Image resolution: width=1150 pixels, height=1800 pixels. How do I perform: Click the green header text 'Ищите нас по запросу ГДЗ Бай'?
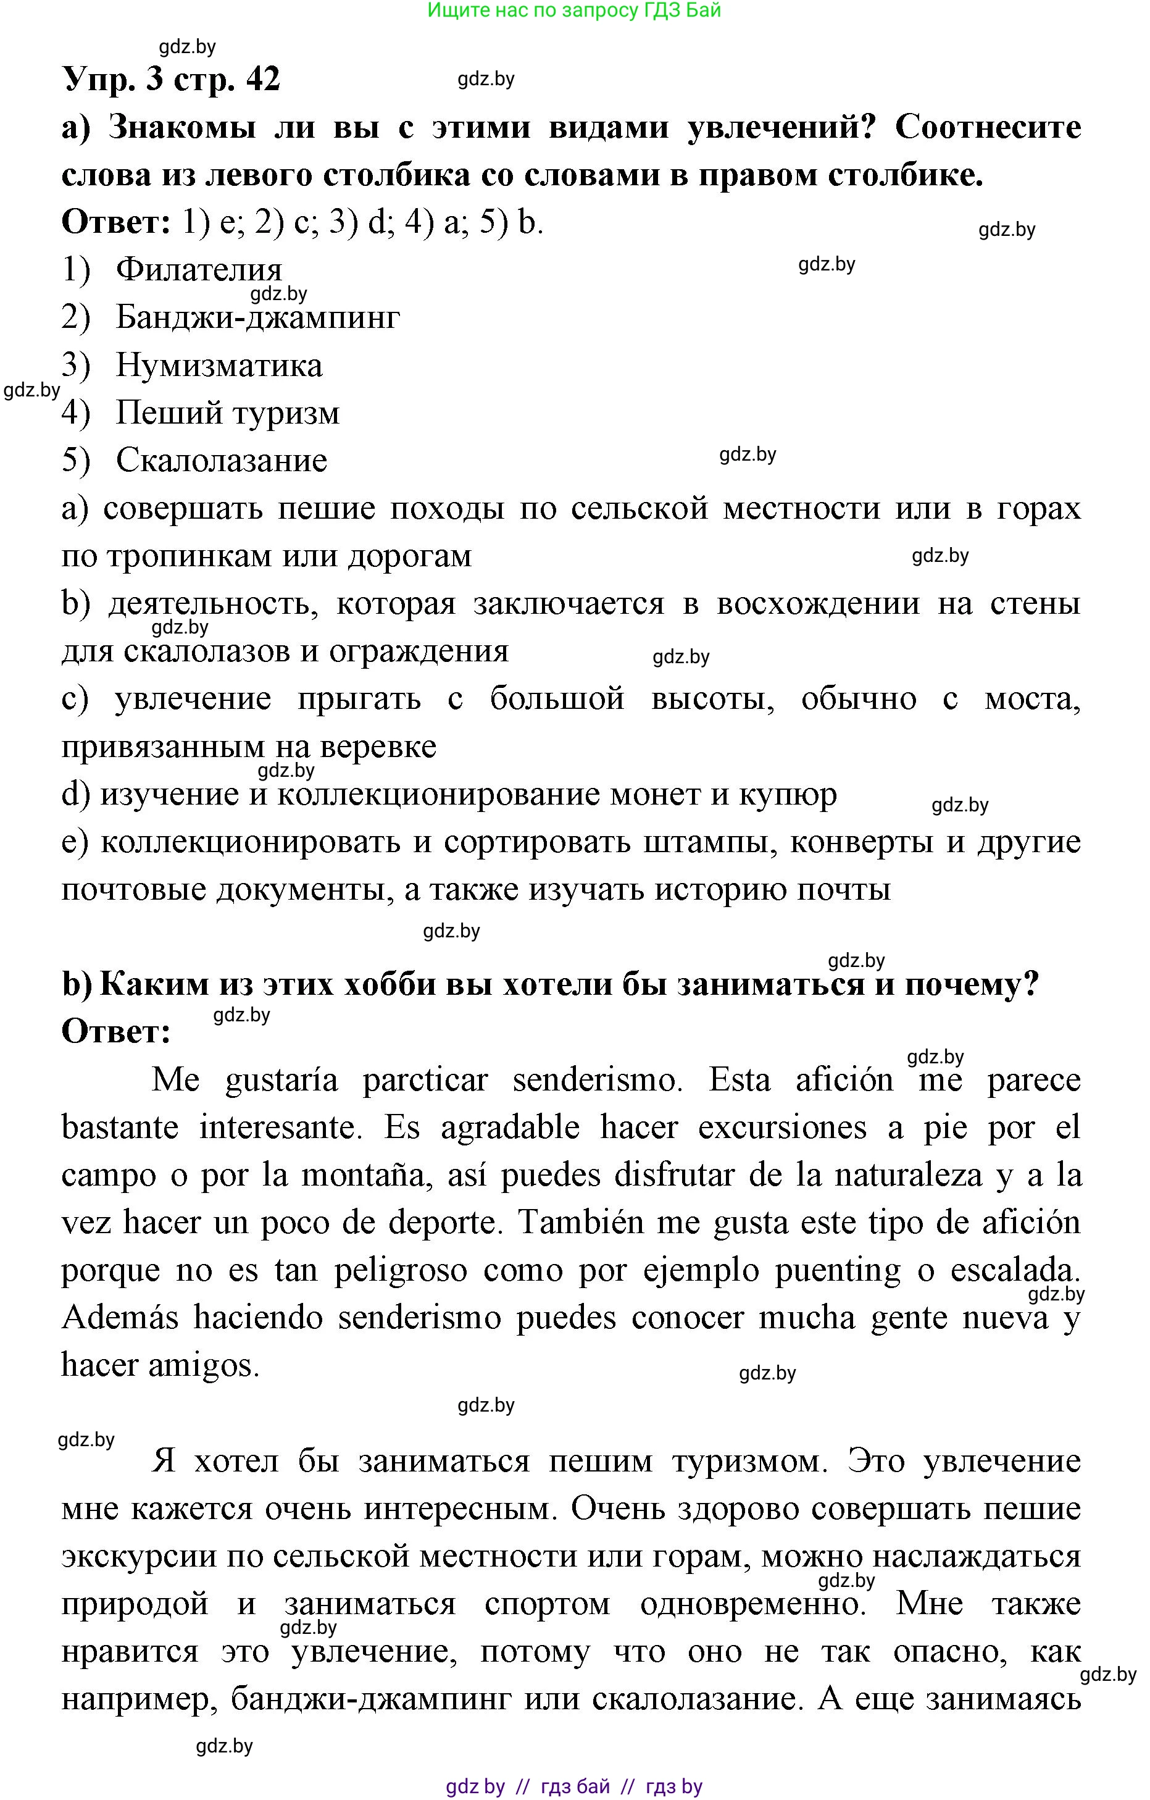tap(574, 10)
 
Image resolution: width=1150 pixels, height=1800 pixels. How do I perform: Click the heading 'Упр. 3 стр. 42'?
tap(171, 78)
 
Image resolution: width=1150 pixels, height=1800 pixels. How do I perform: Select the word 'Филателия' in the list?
tap(199, 270)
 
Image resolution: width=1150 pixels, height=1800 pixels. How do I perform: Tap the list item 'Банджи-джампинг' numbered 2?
tap(258, 317)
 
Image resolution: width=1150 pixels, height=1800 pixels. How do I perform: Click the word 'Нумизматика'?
tap(219, 366)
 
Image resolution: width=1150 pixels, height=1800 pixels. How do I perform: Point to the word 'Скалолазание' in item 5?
tap(221, 461)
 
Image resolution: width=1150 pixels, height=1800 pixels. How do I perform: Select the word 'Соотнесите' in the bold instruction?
tap(987, 127)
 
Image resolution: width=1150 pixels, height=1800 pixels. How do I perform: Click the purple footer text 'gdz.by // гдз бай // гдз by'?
tap(574, 1787)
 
